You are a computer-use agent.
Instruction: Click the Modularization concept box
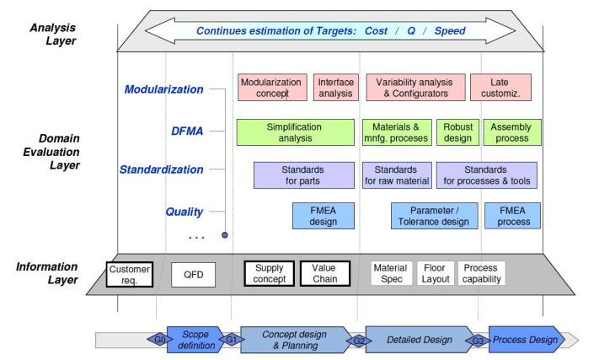272,88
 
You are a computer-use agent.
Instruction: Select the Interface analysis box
336,88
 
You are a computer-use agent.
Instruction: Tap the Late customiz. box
501,88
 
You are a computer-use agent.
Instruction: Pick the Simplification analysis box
296,132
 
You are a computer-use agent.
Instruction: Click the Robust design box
457,132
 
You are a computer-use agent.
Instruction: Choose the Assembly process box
512,132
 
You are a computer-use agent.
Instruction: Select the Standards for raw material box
397,175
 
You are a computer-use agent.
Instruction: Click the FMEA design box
324,216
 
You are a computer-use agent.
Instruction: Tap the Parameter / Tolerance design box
434,216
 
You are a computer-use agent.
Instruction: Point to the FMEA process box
512,216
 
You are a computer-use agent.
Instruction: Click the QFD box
194,274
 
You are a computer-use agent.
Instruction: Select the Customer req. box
130,274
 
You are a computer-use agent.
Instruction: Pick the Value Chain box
325,273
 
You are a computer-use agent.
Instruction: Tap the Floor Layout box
436,273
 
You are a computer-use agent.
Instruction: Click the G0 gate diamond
160,339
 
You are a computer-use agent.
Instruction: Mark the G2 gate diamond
359,341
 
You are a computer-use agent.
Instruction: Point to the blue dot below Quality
225,235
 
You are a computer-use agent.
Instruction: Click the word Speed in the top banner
450,30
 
